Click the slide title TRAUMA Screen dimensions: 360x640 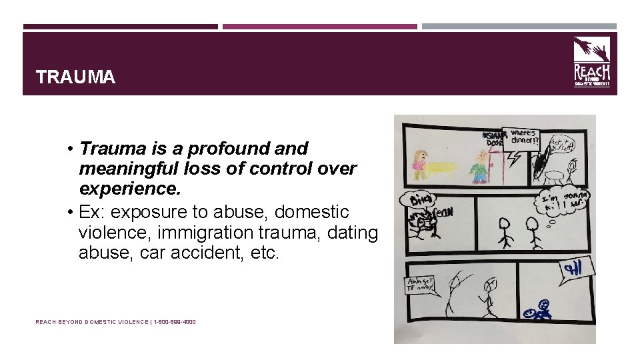76,77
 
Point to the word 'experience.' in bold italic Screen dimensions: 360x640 129,189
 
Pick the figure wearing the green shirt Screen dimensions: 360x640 479,167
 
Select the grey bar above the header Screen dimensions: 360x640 519,27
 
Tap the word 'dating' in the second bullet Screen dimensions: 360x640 355,233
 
